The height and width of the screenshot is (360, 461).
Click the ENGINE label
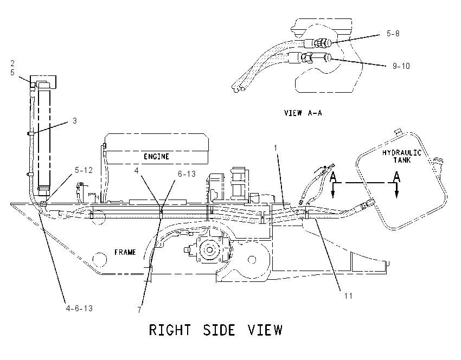156,156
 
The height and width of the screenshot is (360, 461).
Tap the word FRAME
125,252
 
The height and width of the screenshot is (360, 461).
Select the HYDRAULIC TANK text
401,156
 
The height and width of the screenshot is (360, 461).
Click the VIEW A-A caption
303,113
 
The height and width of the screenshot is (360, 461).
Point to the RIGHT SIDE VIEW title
215,330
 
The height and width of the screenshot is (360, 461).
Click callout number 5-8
393,34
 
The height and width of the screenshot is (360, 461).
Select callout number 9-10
401,66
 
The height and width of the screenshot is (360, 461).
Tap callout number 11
348,295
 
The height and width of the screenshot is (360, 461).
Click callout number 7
139,310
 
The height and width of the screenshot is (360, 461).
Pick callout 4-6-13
79,308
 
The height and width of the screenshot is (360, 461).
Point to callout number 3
75,121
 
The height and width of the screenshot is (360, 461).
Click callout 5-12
84,170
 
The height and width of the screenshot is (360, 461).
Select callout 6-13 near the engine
187,174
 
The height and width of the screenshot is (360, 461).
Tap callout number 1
276,148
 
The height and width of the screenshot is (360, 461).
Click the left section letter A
333,177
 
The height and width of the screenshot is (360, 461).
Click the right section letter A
396,177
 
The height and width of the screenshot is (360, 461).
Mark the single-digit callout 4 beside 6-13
136,170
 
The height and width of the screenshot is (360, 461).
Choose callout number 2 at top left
12,63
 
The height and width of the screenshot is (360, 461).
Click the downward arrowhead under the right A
396,194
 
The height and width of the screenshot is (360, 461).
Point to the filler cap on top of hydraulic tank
398,131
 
